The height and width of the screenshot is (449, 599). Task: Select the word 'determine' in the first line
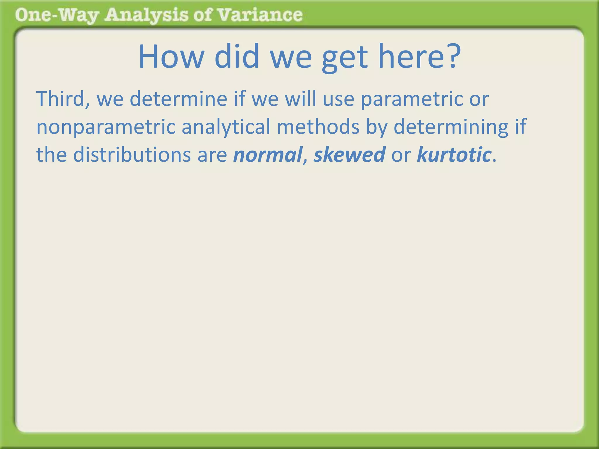[178, 99]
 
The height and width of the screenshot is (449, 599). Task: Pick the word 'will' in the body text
[301, 99]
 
